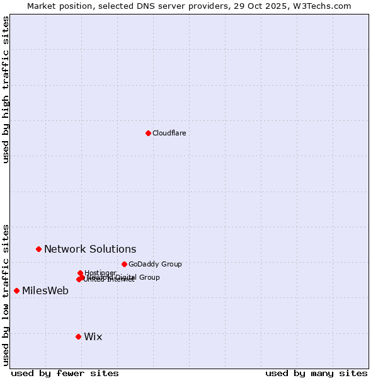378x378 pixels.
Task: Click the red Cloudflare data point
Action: point(148,133)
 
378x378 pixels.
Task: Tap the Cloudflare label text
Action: point(169,133)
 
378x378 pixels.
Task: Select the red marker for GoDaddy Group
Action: point(124,264)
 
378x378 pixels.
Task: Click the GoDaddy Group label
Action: point(155,264)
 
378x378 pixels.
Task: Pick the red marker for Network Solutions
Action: point(38,249)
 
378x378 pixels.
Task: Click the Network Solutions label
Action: point(90,249)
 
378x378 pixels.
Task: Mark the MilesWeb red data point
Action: point(16,290)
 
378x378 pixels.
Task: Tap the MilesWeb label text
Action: point(45,290)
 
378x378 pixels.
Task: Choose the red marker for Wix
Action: point(78,336)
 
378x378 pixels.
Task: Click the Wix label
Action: point(93,336)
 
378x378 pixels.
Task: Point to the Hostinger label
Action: point(100,273)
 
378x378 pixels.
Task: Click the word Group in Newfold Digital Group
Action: point(149,277)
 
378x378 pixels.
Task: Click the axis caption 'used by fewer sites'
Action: point(65,373)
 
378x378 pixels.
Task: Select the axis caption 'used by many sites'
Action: point(316,373)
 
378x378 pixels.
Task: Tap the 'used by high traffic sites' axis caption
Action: point(6,89)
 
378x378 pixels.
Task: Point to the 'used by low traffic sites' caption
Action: point(6,294)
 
